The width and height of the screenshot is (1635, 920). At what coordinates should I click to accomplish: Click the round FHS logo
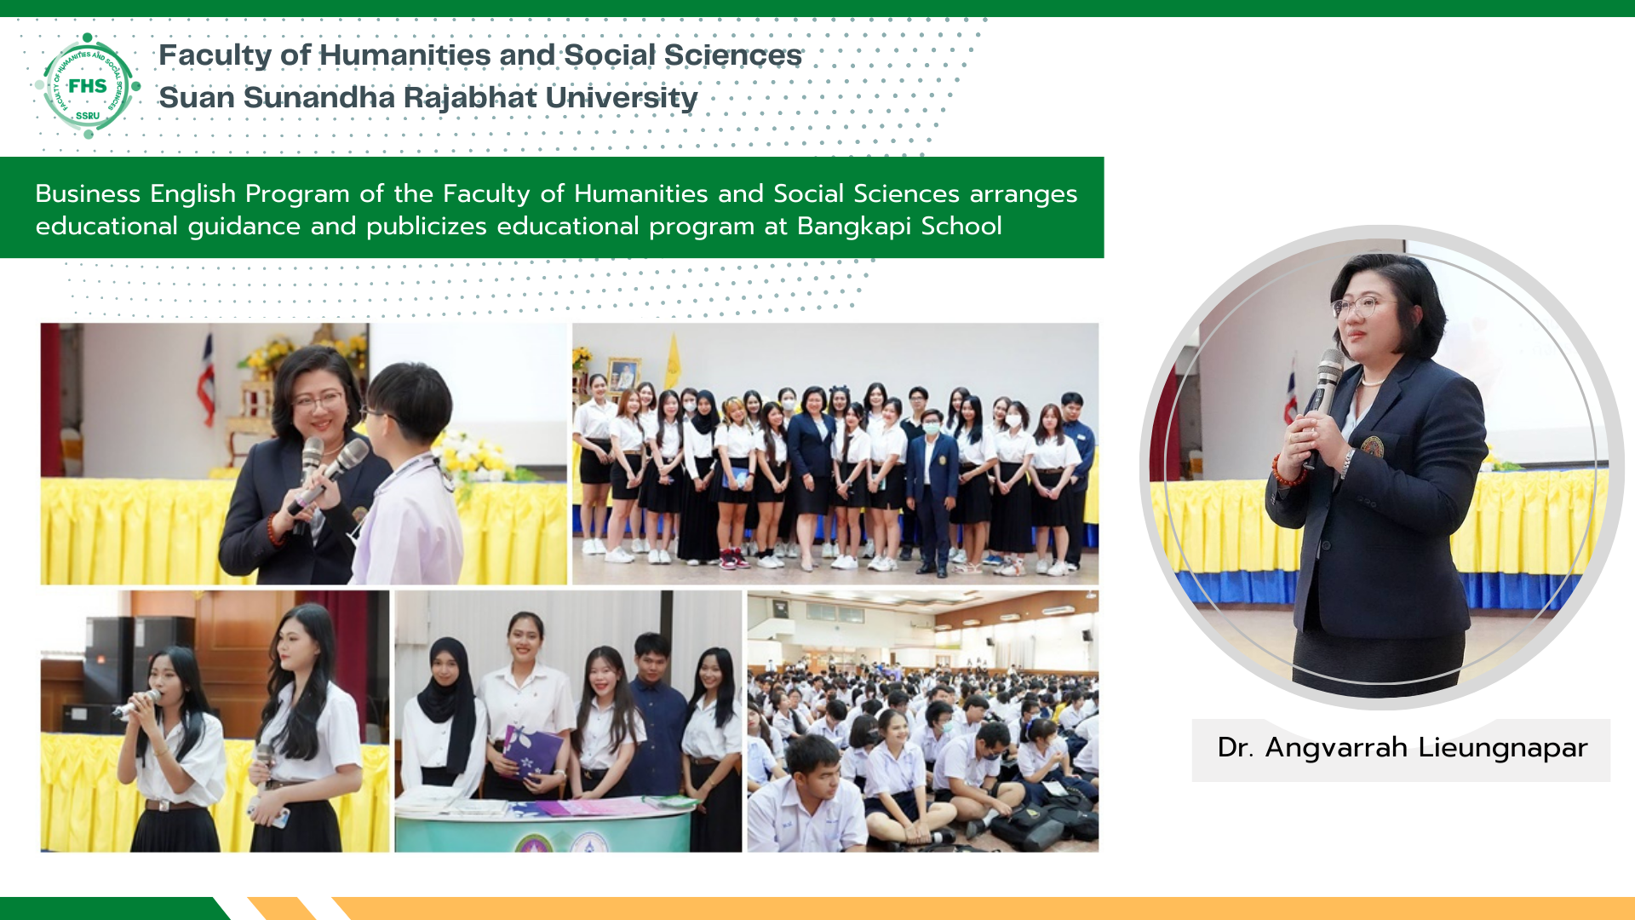click(x=88, y=85)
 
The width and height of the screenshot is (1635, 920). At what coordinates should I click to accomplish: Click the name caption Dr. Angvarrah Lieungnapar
click(x=1403, y=748)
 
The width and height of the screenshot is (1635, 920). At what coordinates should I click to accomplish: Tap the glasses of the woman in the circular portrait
click(x=1362, y=306)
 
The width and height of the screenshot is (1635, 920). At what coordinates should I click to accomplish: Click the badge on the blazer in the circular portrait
click(x=1372, y=446)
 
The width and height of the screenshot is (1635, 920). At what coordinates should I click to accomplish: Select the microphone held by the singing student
click(x=136, y=704)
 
